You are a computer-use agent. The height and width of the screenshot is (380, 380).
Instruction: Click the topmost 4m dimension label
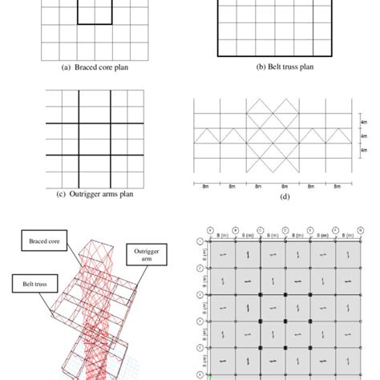(364, 123)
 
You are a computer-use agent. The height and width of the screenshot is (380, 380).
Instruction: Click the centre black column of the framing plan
(285, 321)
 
